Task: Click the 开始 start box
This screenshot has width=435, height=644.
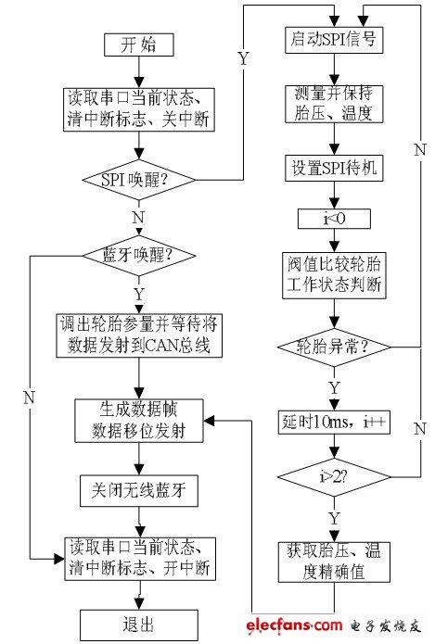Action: [x=139, y=43]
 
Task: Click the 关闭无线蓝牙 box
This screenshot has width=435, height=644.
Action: [x=139, y=492]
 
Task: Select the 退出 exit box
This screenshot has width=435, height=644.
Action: [x=139, y=622]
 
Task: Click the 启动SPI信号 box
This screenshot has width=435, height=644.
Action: [x=332, y=39]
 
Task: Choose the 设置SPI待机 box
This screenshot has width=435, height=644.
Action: [x=332, y=168]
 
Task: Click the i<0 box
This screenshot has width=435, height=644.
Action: [x=332, y=220]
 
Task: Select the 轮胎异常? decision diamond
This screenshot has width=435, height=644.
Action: [x=332, y=347]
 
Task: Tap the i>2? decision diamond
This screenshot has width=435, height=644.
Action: [x=332, y=478]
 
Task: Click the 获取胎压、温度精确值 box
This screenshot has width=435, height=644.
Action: [x=332, y=562]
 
